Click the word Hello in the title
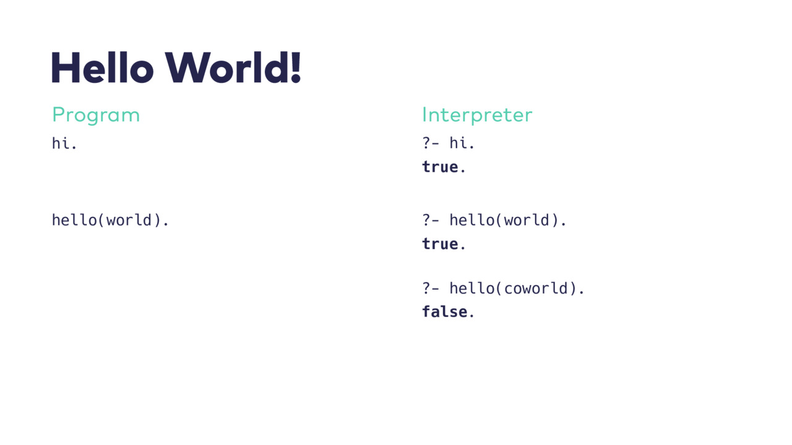point(103,67)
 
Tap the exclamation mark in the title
point(296,67)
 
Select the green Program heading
point(96,115)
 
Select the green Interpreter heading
point(477,115)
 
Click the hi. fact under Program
point(64,143)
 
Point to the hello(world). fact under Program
point(110,220)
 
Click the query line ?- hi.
point(449,143)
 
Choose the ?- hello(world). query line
point(494,220)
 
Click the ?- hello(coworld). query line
point(503,289)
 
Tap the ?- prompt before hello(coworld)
point(431,289)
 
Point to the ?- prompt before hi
point(431,143)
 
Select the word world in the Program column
point(129,220)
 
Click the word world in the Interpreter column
point(527,220)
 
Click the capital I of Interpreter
point(424,115)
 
